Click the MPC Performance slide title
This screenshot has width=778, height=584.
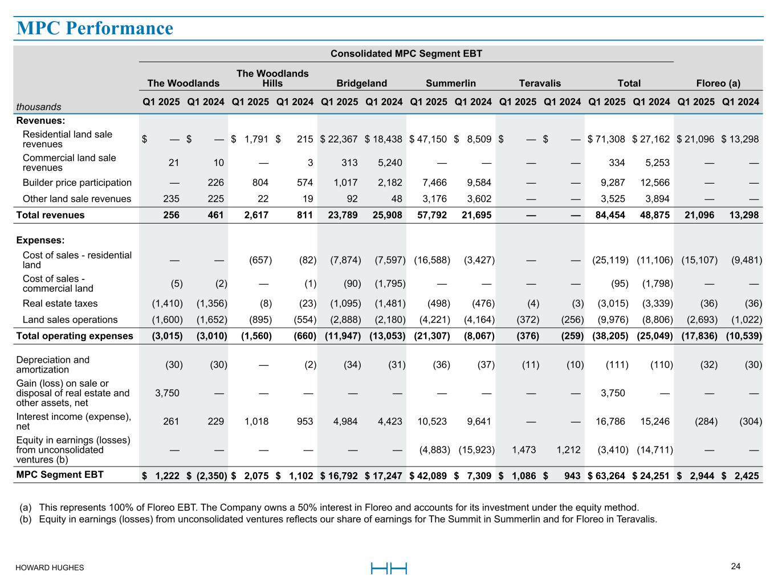[95, 28]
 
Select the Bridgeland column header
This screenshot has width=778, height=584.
[361, 83]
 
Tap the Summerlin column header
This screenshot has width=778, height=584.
[450, 83]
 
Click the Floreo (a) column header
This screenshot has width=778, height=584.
[718, 83]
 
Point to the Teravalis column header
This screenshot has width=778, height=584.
[539, 83]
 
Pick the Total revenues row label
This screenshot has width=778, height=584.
[50, 215]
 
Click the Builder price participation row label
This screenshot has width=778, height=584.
[77, 182]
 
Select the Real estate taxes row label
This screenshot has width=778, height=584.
[60, 303]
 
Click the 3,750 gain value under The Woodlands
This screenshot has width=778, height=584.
[167, 392]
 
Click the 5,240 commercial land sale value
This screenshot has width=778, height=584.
[390, 163]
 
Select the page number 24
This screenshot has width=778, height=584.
[736, 566]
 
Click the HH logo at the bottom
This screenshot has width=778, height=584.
[389, 568]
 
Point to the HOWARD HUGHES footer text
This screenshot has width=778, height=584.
[50, 567]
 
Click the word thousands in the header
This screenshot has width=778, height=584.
[39, 107]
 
